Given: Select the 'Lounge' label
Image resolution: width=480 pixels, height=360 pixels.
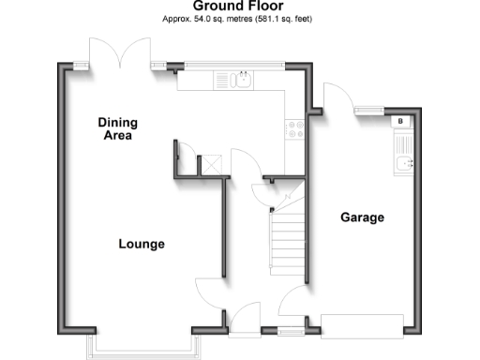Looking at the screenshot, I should point(142,244).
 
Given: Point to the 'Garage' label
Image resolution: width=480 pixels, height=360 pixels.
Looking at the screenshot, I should point(362,217).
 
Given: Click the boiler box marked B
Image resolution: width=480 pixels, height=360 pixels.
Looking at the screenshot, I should point(401,121).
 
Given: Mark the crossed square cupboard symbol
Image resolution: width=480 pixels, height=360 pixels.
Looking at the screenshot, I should point(214,164).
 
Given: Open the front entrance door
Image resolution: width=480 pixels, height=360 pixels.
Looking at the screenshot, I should point(246,319).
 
